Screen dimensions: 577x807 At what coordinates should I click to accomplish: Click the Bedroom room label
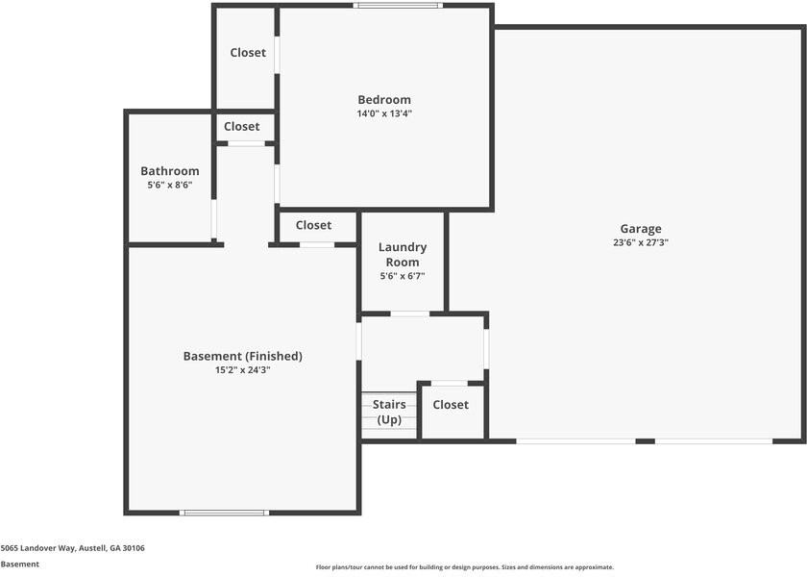pos(384,100)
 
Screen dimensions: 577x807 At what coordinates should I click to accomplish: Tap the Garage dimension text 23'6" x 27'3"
pos(641,243)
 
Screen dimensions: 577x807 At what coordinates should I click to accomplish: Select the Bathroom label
pos(170,171)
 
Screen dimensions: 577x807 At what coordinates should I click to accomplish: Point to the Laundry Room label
pos(403,255)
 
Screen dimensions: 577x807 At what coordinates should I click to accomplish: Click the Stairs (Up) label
pos(389,413)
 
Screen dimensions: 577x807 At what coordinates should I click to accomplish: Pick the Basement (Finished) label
pos(242,356)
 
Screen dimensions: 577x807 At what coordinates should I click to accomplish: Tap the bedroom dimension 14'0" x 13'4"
pos(384,113)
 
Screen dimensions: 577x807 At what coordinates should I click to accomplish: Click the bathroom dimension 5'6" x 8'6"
pos(170,185)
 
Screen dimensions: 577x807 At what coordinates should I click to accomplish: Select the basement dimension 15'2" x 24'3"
pos(242,369)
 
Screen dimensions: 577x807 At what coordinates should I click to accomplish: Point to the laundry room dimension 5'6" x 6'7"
pos(403,276)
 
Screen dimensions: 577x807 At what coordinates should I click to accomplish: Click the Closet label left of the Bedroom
pos(248,53)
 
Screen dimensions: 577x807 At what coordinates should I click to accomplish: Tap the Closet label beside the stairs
pos(451,405)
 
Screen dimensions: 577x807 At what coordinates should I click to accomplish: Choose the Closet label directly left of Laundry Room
pos(313,225)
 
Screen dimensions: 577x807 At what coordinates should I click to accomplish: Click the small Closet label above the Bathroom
pos(242,126)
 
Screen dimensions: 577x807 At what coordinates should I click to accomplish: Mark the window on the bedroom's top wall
pos(397,6)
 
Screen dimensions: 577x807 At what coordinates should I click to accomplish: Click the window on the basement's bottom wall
pos(224,513)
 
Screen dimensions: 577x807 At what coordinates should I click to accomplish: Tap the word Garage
pos(641,229)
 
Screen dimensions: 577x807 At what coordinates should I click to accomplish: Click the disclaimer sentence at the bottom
pos(465,567)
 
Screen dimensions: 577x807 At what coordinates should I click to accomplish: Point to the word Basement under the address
pos(20,564)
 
